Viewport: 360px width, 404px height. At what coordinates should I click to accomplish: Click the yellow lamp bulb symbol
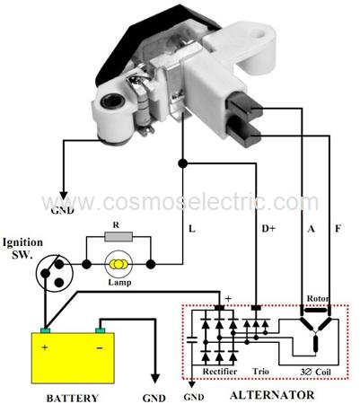(119, 264)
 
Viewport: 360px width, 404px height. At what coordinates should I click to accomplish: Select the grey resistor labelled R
(119, 237)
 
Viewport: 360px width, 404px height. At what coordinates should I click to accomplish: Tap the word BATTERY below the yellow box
(73, 398)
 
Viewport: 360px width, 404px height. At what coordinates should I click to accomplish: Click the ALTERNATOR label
(272, 395)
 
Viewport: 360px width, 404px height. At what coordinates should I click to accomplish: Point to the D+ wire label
(268, 229)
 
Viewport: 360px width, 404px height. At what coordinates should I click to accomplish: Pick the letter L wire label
(192, 229)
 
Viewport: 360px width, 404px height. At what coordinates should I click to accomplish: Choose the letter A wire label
(312, 229)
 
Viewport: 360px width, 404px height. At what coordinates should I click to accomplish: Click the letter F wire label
(338, 229)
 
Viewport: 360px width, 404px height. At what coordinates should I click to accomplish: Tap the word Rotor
(318, 299)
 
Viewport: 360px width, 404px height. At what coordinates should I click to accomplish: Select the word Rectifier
(220, 372)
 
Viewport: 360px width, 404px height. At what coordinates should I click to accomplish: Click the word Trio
(260, 372)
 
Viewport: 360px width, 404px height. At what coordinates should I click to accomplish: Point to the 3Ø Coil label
(316, 372)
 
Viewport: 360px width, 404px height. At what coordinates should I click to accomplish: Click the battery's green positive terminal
(46, 330)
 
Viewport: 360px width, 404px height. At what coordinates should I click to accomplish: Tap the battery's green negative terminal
(101, 330)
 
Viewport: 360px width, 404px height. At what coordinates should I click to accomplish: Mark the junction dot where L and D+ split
(182, 163)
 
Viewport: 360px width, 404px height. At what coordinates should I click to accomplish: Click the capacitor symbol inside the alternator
(192, 339)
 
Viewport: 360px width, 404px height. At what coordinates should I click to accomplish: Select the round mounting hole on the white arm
(258, 33)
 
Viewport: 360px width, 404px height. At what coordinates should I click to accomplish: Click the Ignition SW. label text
(22, 248)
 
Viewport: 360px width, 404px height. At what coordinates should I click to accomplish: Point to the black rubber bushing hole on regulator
(112, 101)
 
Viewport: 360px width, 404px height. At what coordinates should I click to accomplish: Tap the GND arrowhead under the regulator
(63, 196)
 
